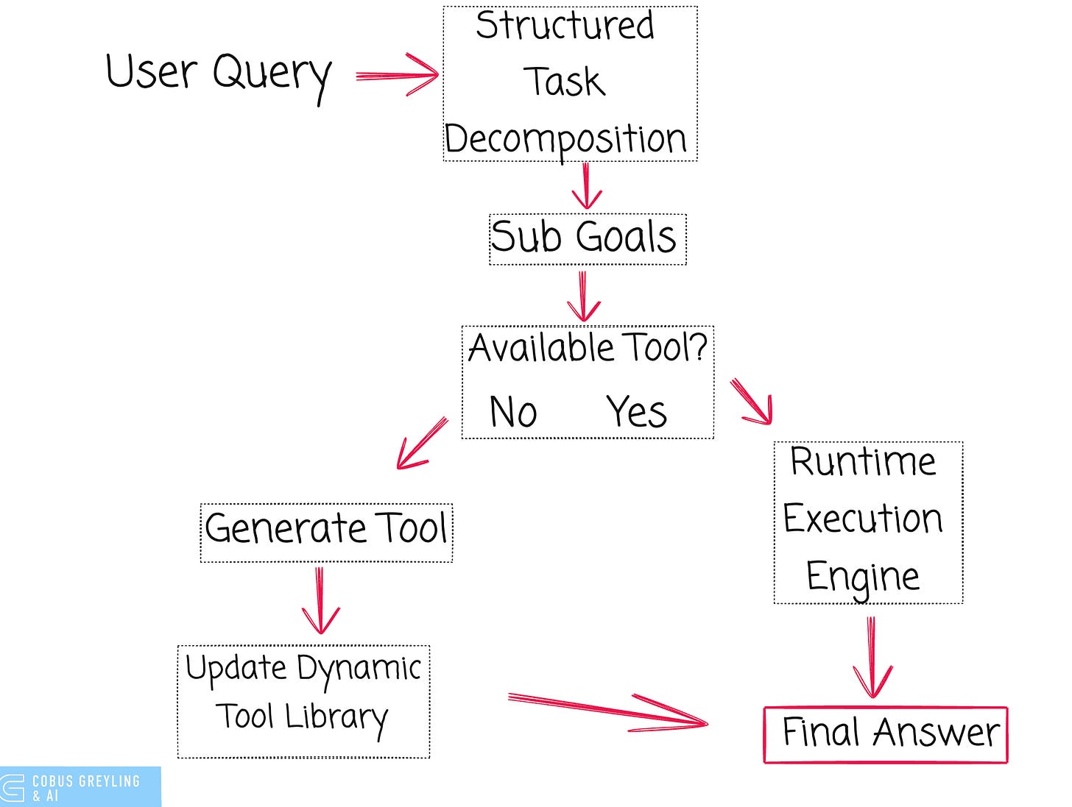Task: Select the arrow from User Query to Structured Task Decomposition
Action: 397,75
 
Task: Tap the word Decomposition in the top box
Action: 565,140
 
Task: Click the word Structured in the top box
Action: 565,25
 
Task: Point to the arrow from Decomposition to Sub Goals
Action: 586,186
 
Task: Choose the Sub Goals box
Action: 588,240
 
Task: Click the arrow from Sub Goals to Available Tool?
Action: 583,296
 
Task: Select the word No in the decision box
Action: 513,412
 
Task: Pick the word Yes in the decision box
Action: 636,412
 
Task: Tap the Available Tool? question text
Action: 588,348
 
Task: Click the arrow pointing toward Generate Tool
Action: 421,443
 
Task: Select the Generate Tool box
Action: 326,533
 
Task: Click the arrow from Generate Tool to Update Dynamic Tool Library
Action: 320,600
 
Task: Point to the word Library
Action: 336,718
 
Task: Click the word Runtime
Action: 863,462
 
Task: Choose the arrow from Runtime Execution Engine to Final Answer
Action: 872,657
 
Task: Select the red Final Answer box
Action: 886,735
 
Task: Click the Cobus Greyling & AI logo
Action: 80,787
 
